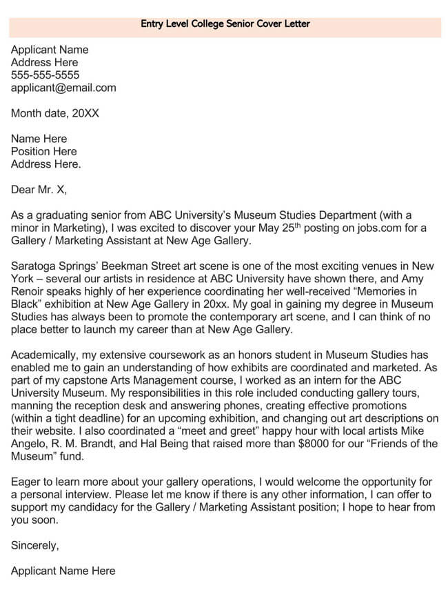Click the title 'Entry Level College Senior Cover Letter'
(225, 23)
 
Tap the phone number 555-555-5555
(45, 75)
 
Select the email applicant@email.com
(63, 88)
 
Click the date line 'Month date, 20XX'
(55, 113)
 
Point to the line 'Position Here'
(44, 151)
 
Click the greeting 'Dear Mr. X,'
(39, 189)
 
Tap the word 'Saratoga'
(34, 266)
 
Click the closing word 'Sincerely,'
(35, 545)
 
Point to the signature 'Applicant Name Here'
(63, 571)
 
